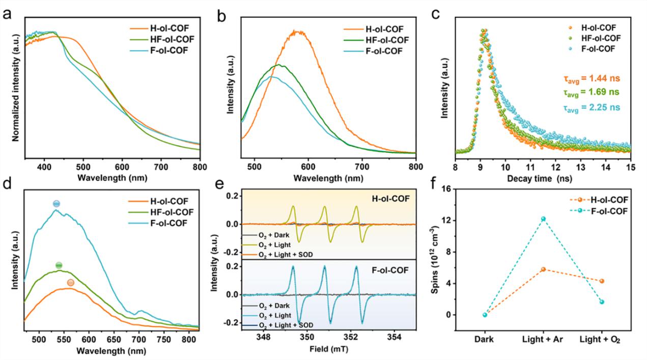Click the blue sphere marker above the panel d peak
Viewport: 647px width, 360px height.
click(57, 204)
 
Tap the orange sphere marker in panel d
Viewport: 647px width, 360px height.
click(71, 283)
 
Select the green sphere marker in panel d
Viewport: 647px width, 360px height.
click(59, 265)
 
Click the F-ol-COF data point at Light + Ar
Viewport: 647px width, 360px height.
click(543, 219)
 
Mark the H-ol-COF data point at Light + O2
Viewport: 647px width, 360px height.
click(602, 281)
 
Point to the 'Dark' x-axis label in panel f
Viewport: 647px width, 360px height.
click(485, 340)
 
